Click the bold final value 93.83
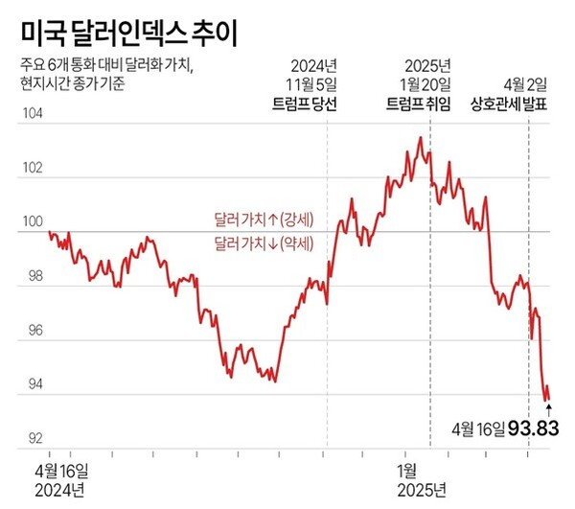pyautogui.click(x=533, y=428)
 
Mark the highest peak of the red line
pyautogui.click(x=420, y=138)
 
